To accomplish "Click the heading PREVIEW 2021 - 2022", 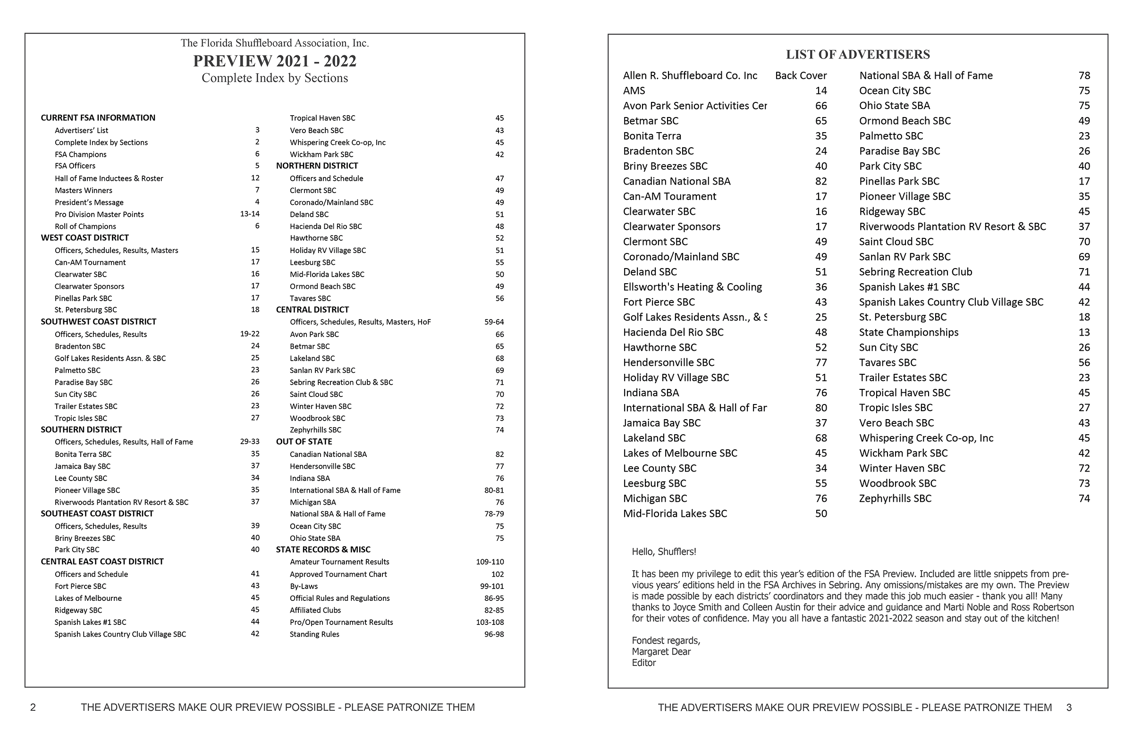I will click(275, 61).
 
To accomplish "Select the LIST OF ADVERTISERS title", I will click(858, 54).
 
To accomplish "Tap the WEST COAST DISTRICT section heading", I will click(85, 237).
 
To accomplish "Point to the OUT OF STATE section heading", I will click(304, 441).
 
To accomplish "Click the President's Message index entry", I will click(89, 202).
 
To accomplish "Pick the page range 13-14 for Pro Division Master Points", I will click(249, 214).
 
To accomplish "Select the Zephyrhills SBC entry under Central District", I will click(315, 430).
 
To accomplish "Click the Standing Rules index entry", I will click(314, 634).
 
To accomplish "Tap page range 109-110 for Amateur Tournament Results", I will click(490, 562).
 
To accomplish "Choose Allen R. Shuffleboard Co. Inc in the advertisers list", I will click(690, 76).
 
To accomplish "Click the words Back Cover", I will click(801, 76).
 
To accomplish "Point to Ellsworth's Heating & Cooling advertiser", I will click(692, 287).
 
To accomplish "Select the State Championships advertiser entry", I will click(908, 332).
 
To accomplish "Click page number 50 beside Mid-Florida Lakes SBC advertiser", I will click(820, 514).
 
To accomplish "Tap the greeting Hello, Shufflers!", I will click(664, 552).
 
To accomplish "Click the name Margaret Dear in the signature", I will click(661, 652).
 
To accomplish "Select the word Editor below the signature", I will click(643, 663).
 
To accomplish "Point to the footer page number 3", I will click(1069, 708).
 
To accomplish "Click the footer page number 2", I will click(33, 708).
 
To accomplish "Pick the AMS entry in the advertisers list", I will click(634, 91).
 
